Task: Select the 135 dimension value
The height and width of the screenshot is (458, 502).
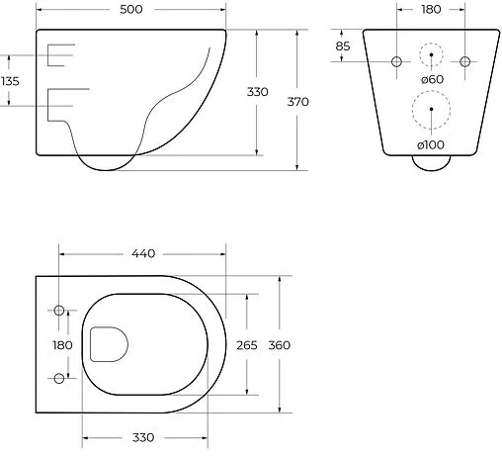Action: click(11, 81)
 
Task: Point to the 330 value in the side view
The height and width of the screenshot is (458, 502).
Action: click(257, 92)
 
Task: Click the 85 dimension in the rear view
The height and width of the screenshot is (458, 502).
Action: click(343, 46)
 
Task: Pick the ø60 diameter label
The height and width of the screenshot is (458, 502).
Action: click(431, 78)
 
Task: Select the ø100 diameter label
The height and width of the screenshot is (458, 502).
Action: click(430, 145)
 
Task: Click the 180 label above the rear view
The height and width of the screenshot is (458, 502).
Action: click(431, 10)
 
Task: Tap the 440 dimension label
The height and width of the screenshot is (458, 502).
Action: click(142, 254)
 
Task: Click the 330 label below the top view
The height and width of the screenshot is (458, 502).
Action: click(144, 436)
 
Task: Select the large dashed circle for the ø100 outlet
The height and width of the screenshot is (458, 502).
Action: click(431, 110)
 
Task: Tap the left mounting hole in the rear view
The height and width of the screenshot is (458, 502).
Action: click(397, 61)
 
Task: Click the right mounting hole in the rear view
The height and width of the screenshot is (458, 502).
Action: click(464, 61)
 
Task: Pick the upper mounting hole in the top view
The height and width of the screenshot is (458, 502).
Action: click(59, 312)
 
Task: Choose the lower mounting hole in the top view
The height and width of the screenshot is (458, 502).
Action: click(59, 378)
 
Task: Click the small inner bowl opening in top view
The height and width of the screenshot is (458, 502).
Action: click(109, 344)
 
